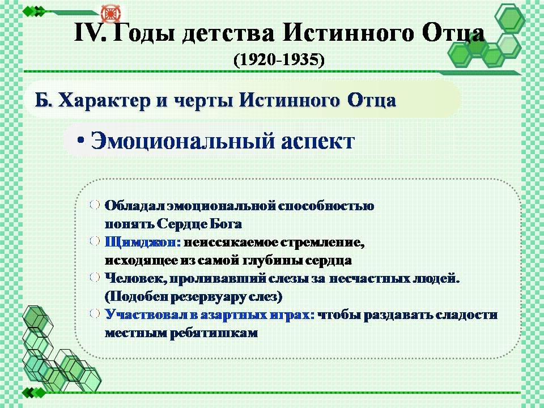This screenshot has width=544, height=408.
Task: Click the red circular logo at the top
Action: click(x=110, y=13)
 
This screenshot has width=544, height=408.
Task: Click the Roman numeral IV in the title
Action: click(x=90, y=33)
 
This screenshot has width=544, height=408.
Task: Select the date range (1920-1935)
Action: click(x=279, y=60)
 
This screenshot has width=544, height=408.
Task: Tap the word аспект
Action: click(x=318, y=142)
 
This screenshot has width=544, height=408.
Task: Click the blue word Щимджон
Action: click(x=143, y=242)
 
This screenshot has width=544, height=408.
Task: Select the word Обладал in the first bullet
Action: click(x=135, y=206)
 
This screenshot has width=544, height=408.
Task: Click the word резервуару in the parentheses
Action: click(x=206, y=297)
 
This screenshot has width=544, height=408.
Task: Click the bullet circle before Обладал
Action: click(x=95, y=205)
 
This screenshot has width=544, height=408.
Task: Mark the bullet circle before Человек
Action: click(x=95, y=277)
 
